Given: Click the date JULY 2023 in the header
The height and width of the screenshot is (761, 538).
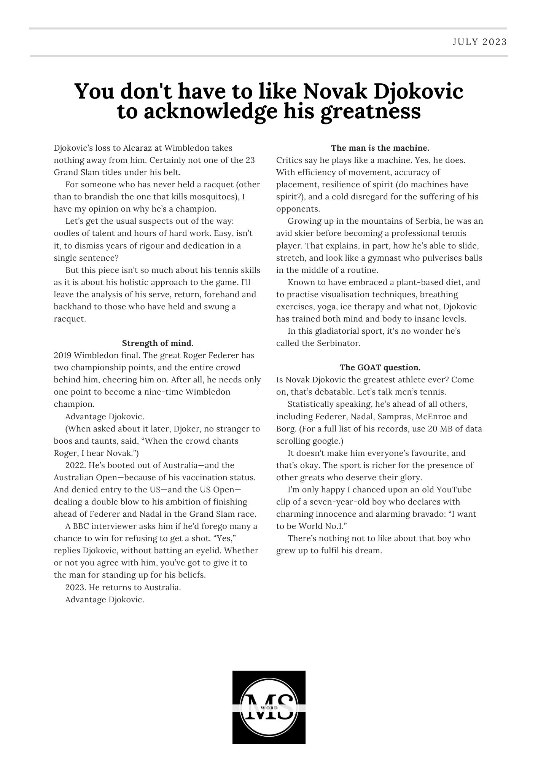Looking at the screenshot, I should click(480, 42).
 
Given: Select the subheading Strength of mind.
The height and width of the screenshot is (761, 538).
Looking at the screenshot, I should click(158, 343).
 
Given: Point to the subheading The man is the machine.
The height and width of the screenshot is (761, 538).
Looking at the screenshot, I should click(380, 148).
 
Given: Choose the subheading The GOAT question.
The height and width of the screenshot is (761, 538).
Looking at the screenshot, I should click(380, 368).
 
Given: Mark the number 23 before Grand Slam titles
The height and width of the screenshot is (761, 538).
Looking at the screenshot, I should click(250, 160).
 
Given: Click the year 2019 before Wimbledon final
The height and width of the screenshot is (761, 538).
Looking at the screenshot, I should click(62, 355).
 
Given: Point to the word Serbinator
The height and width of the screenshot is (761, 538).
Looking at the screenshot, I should click(338, 343).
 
